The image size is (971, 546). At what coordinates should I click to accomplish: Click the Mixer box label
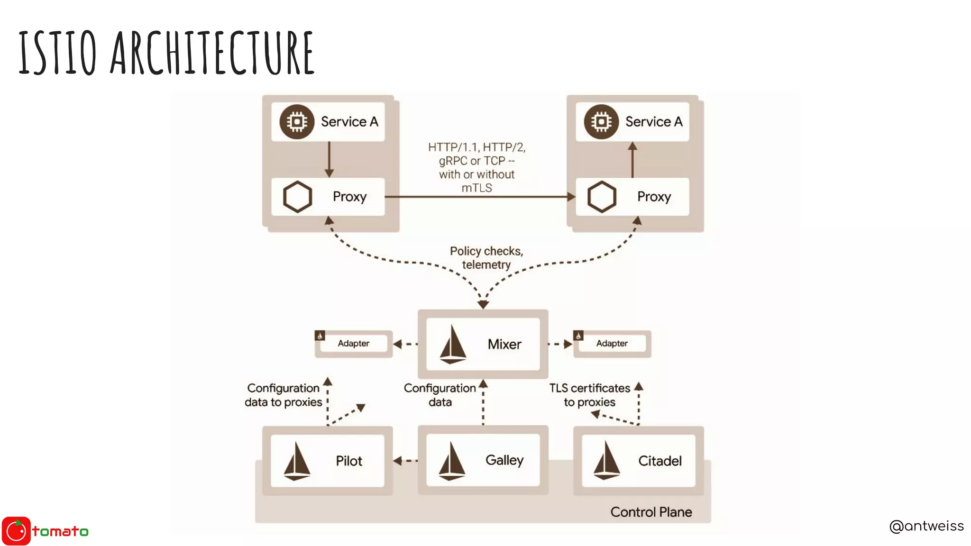click(x=504, y=344)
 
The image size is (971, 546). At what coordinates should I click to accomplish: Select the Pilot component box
click(x=327, y=461)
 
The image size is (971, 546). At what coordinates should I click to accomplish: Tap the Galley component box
click(x=483, y=460)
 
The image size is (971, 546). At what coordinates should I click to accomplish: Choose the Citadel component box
click(x=638, y=461)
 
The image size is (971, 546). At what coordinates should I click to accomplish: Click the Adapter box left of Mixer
click(x=354, y=344)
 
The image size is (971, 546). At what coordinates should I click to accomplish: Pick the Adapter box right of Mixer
click(x=612, y=344)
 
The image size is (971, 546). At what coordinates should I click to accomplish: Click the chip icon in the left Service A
click(x=297, y=122)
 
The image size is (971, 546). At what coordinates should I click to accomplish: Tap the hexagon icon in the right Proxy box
click(x=602, y=197)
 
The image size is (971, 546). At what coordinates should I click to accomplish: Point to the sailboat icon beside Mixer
click(x=453, y=345)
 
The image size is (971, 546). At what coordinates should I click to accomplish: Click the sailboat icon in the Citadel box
click(x=606, y=460)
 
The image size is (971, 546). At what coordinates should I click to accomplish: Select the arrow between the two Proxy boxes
click(x=479, y=197)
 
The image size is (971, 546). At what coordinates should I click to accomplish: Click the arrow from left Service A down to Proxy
click(x=329, y=159)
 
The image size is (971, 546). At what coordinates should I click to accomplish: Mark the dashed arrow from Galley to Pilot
click(x=405, y=460)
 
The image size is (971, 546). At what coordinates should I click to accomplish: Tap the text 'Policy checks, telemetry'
click(x=486, y=258)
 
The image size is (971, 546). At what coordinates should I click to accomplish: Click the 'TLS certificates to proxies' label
click(x=589, y=395)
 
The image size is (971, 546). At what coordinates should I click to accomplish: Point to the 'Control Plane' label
click(x=651, y=512)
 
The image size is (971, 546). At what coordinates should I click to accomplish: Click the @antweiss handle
click(x=926, y=526)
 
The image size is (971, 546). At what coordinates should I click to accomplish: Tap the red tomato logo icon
click(x=17, y=531)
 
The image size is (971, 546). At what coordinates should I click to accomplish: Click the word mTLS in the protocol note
click(x=476, y=188)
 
